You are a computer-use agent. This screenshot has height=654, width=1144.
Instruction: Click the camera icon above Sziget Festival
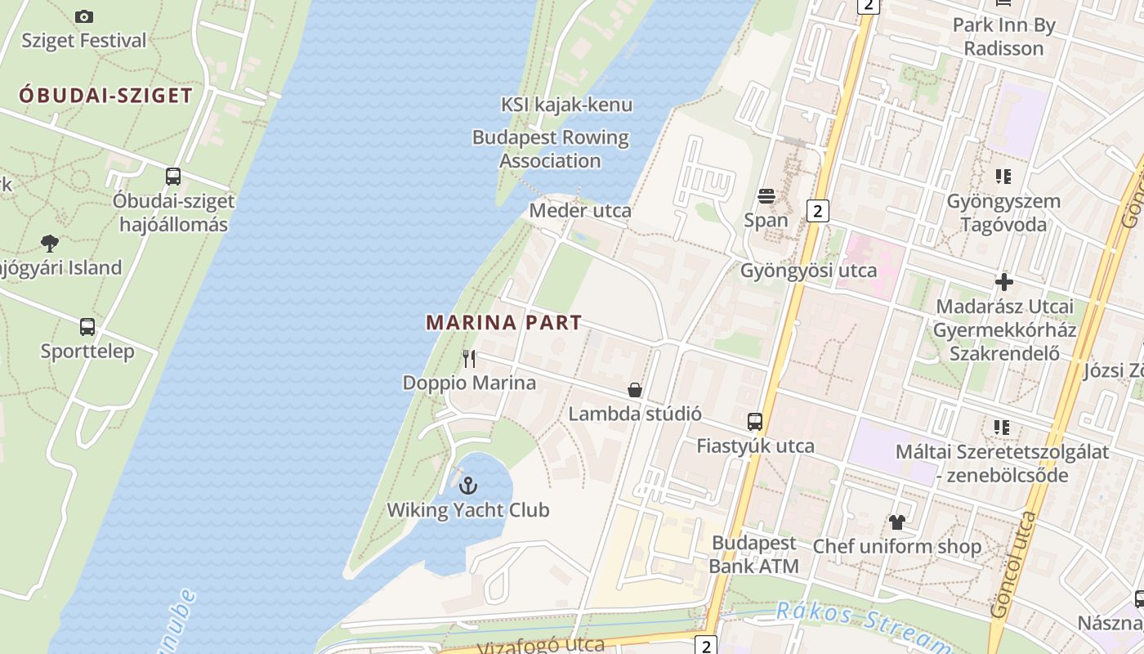tap(84, 16)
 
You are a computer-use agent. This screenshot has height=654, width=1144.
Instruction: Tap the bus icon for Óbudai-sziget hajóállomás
tap(172, 176)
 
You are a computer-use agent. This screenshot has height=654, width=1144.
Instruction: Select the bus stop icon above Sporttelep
tap(87, 327)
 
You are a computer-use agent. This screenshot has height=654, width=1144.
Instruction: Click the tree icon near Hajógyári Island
tap(50, 243)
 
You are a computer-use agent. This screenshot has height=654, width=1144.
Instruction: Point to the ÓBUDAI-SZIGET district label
tap(106, 96)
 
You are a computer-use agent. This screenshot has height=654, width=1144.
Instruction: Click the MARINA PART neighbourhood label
tap(503, 323)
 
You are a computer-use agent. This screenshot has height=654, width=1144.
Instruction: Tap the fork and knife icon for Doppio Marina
tap(469, 358)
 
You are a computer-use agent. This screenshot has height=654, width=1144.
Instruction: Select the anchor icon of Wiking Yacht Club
tap(467, 486)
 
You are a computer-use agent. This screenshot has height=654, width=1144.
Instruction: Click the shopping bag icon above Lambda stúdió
tap(635, 390)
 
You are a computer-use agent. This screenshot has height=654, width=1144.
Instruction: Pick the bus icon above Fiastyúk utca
tap(755, 422)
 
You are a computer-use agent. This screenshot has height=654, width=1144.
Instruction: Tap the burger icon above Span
tap(766, 196)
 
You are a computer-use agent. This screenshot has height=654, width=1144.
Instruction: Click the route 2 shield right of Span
tap(817, 211)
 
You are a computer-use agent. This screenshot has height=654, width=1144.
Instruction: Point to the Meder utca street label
tap(580, 211)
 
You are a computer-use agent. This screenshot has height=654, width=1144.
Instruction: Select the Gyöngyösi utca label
tap(808, 271)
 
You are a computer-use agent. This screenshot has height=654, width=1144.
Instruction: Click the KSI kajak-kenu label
tap(566, 105)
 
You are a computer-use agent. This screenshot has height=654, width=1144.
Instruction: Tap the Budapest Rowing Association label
tap(551, 149)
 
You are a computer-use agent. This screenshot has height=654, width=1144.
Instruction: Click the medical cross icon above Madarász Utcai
tap(1003, 283)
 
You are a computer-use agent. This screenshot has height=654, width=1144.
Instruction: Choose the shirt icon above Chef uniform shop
tap(897, 522)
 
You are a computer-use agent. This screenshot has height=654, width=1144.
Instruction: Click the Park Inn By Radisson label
tap(1003, 37)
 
